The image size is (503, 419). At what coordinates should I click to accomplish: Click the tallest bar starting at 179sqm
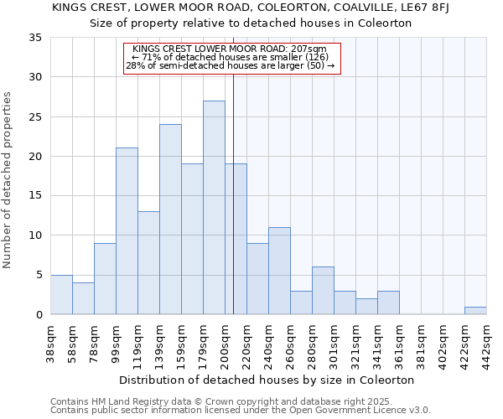pos(214,208)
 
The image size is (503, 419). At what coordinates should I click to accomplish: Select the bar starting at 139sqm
pos(170,220)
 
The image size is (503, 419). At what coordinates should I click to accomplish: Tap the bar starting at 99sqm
pos(127,231)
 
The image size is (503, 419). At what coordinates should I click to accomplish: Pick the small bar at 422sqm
pos(475,310)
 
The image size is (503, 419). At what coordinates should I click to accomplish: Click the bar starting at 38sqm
pos(61,294)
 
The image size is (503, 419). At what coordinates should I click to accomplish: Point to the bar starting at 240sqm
pos(279,271)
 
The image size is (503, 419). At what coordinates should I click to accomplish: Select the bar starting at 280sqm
pos(323,291)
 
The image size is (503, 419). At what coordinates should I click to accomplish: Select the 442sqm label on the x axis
pos(486,344)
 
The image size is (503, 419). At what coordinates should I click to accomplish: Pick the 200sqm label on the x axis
pos(225,344)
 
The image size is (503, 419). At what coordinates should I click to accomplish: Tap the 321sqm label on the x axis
pos(355,344)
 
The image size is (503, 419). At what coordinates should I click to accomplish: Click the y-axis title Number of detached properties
pos(8,180)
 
